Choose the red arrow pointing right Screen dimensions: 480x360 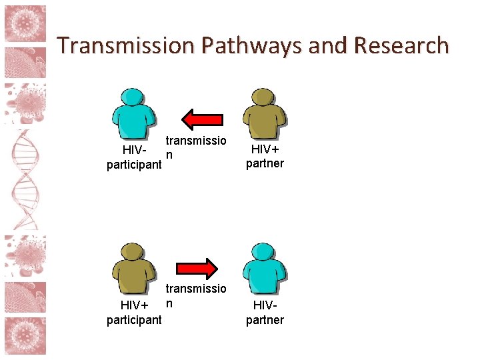click(197, 268)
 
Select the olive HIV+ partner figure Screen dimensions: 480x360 click(265, 115)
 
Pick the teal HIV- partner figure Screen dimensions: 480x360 click(265, 268)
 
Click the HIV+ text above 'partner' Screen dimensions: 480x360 click(265, 150)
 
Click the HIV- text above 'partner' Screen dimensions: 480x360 click(265, 306)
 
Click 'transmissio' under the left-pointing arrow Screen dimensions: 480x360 click(196, 141)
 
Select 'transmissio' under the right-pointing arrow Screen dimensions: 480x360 click(196, 289)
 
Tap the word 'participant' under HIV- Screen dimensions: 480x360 click(134, 165)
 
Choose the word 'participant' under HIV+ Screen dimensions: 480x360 click(134, 319)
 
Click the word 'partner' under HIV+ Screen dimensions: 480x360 click(265, 163)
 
